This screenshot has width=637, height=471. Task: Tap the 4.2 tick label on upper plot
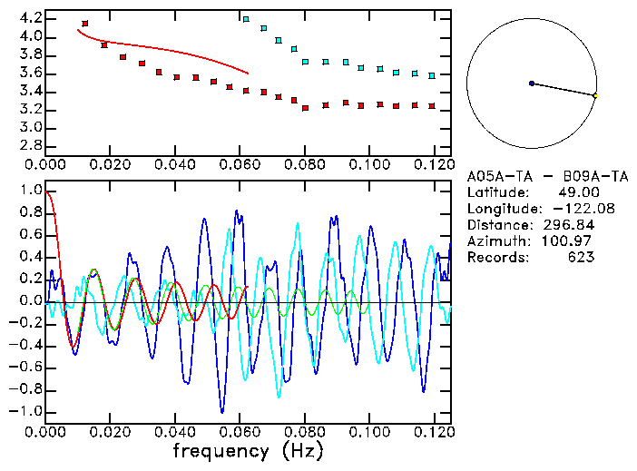coord(29,18)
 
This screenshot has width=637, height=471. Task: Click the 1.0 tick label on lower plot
coord(29,191)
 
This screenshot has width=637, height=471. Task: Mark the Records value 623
coord(580,257)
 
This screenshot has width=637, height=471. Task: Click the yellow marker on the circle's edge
coord(595,95)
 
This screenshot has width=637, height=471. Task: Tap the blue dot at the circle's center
coord(532,83)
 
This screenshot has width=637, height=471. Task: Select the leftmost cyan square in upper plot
coord(246,18)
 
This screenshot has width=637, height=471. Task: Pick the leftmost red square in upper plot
coord(84,24)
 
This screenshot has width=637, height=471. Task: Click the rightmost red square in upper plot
coord(433,106)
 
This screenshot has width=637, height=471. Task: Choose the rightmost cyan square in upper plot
coord(433,75)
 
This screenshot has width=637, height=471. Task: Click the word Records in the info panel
coord(495,257)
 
